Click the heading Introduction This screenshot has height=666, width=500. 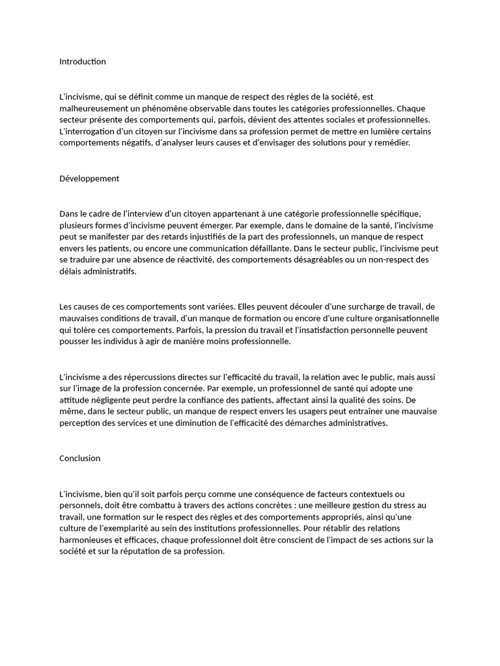[83, 62]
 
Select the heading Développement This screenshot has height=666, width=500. [89, 179]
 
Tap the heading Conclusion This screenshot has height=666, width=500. [80, 459]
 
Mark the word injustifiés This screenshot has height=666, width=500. [210, 237]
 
